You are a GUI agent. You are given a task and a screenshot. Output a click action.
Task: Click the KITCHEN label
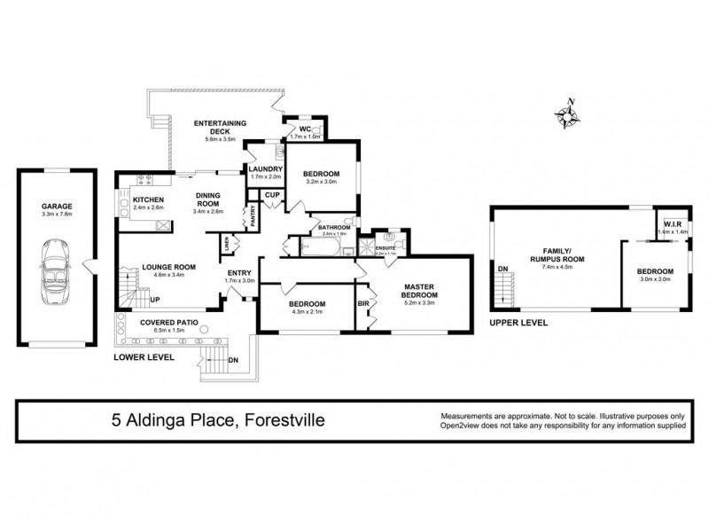pyautogui.click(x=148, y=200)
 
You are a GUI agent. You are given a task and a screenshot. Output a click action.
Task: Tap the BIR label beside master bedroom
pyautogui.click(x=363, y=302)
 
